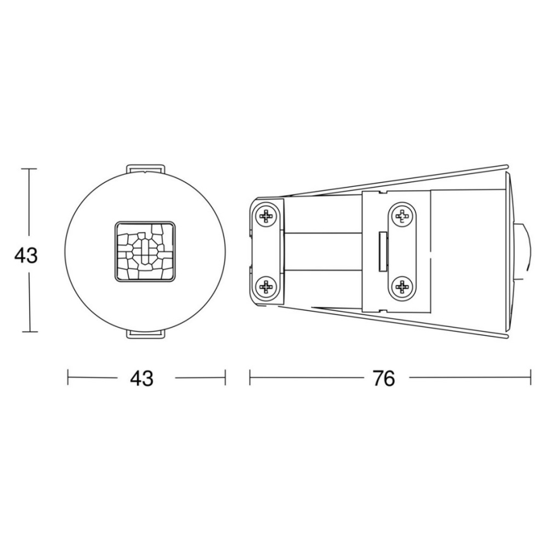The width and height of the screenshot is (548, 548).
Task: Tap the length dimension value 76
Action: coord(383,378)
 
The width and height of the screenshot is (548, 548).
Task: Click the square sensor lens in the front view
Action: coord(145,251)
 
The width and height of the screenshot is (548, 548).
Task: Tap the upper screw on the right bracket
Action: coord(402,216)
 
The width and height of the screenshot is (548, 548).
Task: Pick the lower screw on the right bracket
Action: coord(402,288)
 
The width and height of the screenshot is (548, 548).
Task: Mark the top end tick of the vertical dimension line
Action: coord(28,169)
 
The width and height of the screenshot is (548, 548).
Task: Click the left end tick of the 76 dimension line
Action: coord(250,378)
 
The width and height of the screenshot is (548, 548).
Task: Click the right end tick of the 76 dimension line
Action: coord(530,378)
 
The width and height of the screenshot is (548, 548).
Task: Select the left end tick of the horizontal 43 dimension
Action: coord(68,378)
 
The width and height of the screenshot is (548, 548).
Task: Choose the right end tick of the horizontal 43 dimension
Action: coord(225,378)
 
